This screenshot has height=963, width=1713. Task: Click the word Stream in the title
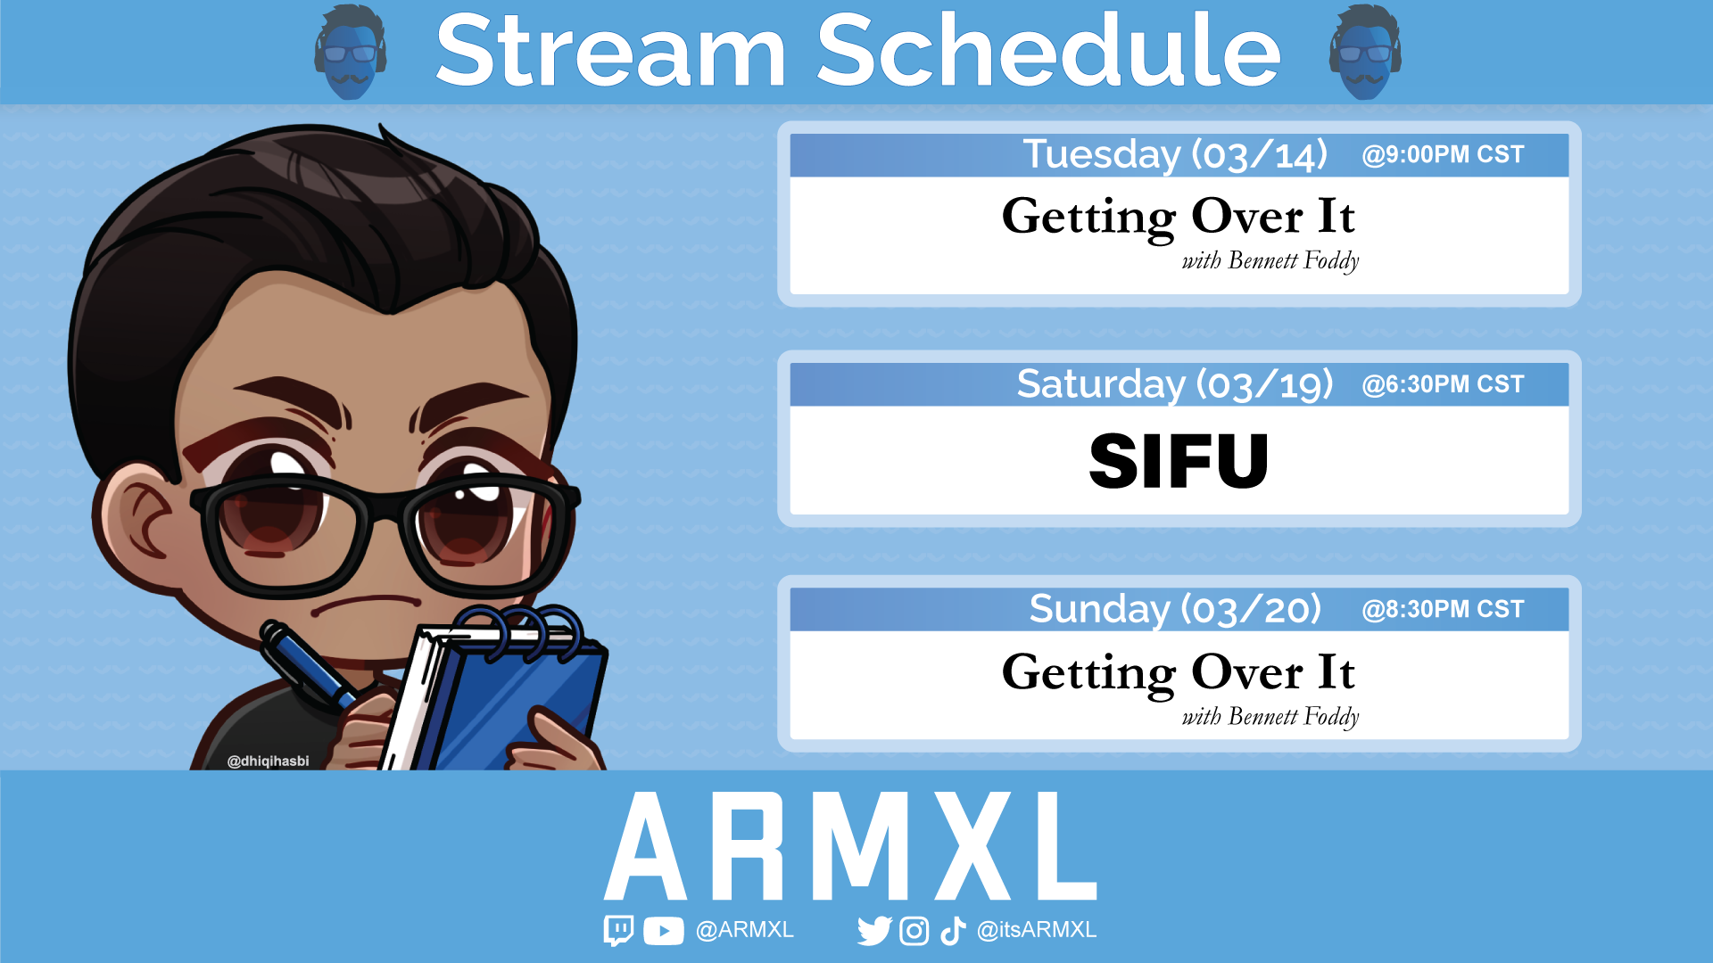[x=611, y=52]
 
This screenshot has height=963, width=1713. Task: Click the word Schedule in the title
[x=1048, y=52]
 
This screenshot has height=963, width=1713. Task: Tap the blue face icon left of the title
[x=351, y=52]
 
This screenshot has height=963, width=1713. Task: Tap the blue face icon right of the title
[x=1365, y=52]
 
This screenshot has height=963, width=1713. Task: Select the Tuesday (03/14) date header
[x=1174, y=155]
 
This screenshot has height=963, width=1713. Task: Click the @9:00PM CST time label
[x=1443, y=155]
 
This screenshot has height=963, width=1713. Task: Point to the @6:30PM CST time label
[x=1443, y=385]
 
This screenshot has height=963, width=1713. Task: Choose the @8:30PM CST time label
[x=1443, y=610]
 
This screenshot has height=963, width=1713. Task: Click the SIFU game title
[x=1179, y=462]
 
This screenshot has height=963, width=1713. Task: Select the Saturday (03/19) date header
[x=1174, y=385]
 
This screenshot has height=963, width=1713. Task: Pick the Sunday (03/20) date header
[x=1174, y=610]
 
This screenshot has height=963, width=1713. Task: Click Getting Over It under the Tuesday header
[x=1178, y=218]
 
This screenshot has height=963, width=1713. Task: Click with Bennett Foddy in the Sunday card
[x=1270, y=717]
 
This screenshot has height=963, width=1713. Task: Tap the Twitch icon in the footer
[x=618, y=930]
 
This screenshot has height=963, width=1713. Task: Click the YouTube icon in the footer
[x=663, y=931]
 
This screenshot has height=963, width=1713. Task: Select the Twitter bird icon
[x=873, y=931]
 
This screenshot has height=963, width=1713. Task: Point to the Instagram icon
[x=914, y=931]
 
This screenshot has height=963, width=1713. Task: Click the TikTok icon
[x=953, y=931]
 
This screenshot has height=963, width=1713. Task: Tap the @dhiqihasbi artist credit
[x=268, y=761]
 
